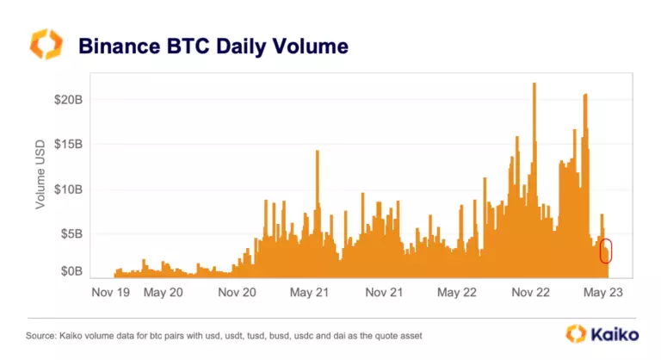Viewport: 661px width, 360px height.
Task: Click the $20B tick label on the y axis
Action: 66,100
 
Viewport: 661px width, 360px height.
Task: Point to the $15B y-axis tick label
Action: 66,145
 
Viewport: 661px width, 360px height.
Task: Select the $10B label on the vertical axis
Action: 66,189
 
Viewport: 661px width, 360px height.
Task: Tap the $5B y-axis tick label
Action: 70,233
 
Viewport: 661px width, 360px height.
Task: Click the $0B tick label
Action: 70,271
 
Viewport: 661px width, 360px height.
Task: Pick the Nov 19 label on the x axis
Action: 111,293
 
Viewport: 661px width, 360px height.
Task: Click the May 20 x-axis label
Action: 163,293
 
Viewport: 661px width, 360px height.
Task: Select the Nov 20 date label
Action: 238,293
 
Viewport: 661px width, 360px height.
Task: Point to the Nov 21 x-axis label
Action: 384,293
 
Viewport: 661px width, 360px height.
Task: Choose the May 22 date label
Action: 457,293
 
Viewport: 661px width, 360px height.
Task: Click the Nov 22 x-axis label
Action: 531,293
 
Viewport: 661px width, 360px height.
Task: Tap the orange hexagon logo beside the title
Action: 46,45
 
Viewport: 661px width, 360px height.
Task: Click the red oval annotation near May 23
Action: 607,251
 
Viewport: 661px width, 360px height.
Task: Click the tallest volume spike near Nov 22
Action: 534,84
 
